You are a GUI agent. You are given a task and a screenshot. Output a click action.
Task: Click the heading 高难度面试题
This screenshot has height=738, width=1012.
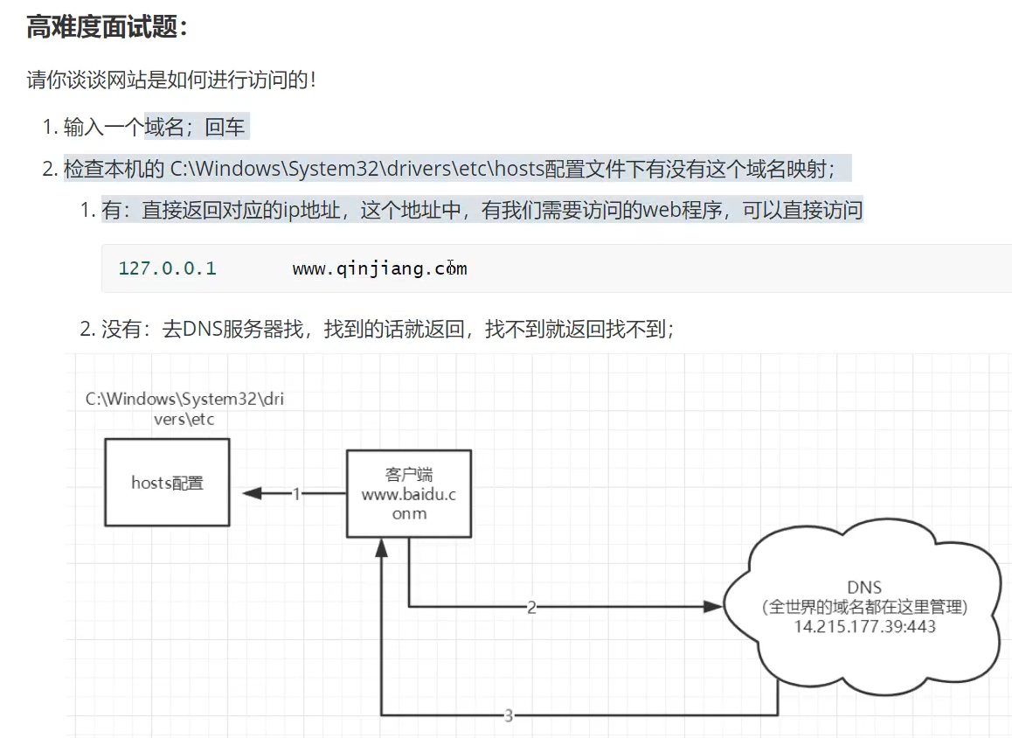tap(107, 27)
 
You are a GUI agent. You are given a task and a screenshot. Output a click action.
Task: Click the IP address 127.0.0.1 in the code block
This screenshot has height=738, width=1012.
tap(167, 268)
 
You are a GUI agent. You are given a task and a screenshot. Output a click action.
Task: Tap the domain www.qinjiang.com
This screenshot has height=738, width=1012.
tap(379, 268)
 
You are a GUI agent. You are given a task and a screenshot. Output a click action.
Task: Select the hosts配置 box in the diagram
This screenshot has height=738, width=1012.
tap(167, 482)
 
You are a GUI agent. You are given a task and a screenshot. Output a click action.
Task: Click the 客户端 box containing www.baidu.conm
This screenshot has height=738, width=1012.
tap(408, 493)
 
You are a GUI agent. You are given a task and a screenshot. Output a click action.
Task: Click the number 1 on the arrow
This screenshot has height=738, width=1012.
tap(295, 494)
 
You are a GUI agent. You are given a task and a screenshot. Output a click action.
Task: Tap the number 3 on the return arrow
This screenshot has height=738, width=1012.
tap(509, 716)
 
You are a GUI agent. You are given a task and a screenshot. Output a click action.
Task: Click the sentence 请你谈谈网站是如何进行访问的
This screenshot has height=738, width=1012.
tap(170, 80)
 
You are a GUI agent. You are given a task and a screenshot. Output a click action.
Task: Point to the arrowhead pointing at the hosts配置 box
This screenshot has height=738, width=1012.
tap(252, 494)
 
